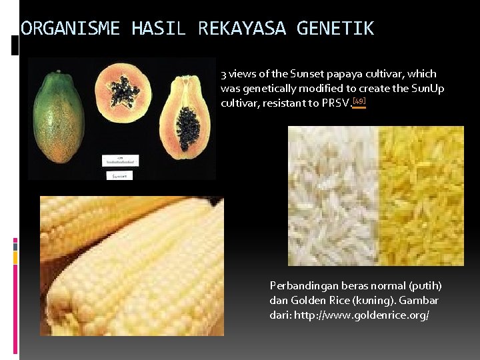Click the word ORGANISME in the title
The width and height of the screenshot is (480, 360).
point(70,29)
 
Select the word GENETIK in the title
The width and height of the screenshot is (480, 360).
point(335,29)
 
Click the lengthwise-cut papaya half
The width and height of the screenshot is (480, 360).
point(186,117)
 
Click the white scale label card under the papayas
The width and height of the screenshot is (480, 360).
point(120,160)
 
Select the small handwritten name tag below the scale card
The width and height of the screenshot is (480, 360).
point(121,176)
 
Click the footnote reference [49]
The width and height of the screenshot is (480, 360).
point(359,102)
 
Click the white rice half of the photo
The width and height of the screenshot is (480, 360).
point(333,196)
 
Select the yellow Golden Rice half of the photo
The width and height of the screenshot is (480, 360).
point(420,196)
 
